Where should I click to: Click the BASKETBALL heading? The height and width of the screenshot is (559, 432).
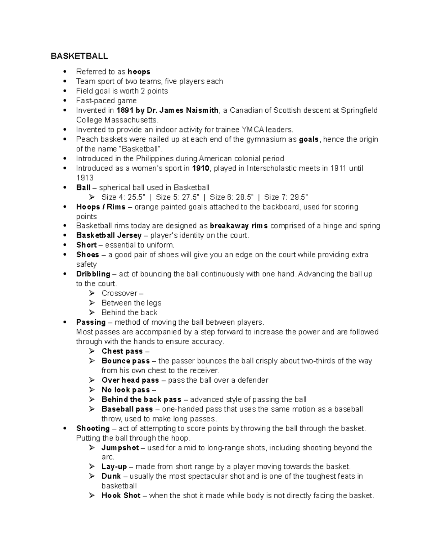click(x=79, y=56)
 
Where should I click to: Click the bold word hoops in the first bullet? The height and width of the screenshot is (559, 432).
click(x=139, y=72)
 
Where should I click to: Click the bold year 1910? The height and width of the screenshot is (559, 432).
click(x=201, y=168)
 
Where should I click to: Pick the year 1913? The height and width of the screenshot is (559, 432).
click(x=85, y=178)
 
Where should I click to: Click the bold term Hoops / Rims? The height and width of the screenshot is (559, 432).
click(x=101, y=207)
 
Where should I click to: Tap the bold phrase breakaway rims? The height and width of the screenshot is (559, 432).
click(x=239, y=226)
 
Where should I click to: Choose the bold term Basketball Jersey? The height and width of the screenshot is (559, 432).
click(x=109, y=235)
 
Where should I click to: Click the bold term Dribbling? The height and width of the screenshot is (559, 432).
click(x=93, y=274)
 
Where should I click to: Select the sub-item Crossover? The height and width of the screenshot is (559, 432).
click(x=120, y=293)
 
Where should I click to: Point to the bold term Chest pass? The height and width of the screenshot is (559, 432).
click(x=122, y=351)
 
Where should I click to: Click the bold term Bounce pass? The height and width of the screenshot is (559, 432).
click(x=126, y=361)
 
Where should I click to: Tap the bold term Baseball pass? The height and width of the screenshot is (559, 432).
click(x=127, y=409)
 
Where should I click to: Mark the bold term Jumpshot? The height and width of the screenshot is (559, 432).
click(x=120, y=448)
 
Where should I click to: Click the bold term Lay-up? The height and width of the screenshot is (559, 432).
click(x=114, y=467)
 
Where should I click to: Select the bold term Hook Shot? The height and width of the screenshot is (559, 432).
click(x=121, y=496)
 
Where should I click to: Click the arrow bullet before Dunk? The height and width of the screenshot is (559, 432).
click(x=93, y=476)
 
